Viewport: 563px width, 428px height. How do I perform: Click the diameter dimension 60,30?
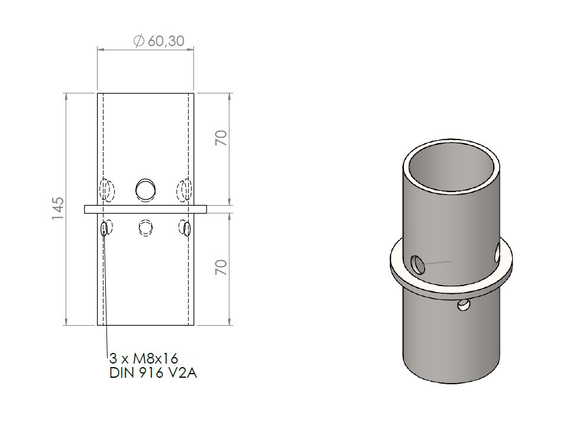(x=158, y=41)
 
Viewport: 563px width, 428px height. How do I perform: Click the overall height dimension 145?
(x=58, y=209)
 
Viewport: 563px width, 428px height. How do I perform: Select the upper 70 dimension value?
(x=221, y=138)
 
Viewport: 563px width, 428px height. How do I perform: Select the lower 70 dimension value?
(x=221, y=267)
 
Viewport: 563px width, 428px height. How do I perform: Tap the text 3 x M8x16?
(x=144, y=358)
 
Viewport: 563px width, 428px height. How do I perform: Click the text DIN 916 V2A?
(x=153, y=373)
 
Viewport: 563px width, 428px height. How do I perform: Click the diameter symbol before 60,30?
(x=138, y=41)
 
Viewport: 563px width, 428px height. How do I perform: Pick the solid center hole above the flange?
(x=145, y=189)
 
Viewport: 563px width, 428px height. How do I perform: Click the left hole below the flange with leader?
(x=105, y=229)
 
